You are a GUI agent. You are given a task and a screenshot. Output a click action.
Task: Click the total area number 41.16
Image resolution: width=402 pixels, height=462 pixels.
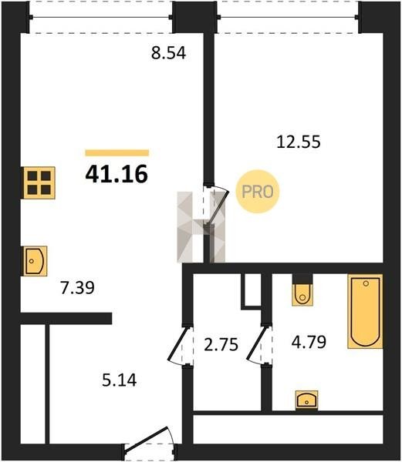tap(117, 174)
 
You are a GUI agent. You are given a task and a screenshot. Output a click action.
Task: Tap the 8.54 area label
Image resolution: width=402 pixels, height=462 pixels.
tap(168, 53)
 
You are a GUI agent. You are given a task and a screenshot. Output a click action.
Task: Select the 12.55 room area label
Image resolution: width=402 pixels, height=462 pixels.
tap(299, 142)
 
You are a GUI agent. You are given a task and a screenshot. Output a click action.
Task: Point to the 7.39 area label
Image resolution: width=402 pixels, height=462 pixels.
tap(77, 287)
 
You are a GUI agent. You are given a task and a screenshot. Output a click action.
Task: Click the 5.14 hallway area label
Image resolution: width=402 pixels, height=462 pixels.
tap(120, 380)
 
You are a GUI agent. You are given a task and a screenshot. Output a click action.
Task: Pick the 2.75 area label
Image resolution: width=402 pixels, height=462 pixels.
tap(221, 344)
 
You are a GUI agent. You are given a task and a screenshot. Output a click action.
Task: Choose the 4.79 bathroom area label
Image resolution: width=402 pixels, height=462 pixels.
tap(309, 342)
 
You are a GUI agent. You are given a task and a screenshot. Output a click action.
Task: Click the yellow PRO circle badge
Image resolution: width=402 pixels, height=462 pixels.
tap(258, 192)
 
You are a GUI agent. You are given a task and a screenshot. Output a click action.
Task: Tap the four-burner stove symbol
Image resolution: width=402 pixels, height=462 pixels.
tap(39, 182)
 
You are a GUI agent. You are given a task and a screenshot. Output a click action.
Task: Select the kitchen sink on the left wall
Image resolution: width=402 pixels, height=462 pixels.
tap(35, 261)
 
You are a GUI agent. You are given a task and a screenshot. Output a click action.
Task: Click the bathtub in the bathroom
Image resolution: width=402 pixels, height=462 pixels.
tap(366, 311)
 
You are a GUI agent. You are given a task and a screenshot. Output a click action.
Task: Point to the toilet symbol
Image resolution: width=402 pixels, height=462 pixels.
tap(302, 293)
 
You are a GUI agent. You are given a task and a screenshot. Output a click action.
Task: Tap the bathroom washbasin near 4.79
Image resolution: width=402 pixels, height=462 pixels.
tap(307, 400)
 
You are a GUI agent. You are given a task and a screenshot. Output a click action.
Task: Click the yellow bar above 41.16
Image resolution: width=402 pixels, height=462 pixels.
tap(117, 152)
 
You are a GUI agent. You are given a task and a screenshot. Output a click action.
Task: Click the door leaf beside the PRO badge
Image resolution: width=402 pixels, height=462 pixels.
tap(218, 206)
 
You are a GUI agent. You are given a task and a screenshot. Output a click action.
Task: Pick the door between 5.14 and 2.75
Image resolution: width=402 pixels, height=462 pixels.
tap(178, 345)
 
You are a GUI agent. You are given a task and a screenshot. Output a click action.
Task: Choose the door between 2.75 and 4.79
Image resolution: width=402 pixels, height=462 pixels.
tap(257, 345)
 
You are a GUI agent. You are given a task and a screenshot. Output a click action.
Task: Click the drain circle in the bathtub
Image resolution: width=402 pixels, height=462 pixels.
tap(366, 283)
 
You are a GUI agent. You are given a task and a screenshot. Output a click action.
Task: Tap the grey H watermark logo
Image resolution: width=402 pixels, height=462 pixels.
tap(201, 227)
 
